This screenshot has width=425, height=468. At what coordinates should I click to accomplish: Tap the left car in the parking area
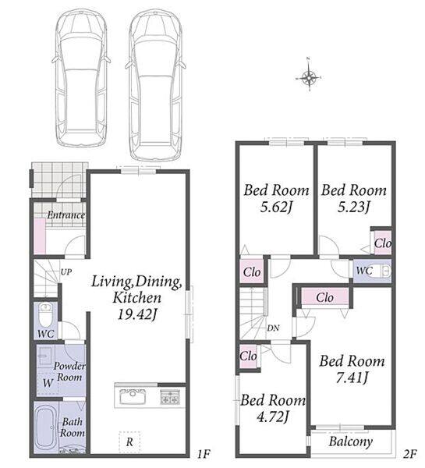tap(81, 78)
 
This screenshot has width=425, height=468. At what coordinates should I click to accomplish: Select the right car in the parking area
tap(155, 84)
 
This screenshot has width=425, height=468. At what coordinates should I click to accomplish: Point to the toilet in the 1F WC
tap(46, 316)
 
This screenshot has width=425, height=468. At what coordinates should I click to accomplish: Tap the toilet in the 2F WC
tap(382, 271)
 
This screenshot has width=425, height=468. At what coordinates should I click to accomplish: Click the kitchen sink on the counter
tap(133, 396)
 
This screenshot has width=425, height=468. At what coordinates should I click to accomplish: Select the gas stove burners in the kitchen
tap(170, 397)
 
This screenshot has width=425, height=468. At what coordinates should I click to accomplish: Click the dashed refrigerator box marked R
tap(129, 442)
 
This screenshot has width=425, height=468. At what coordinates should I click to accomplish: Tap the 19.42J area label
tap(137, 314)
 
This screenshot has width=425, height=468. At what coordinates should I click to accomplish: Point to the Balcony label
tap(350, 441)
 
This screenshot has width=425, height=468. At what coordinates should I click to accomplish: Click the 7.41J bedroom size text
tap(352, 378)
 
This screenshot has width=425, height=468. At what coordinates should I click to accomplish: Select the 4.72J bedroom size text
tap(273, 417)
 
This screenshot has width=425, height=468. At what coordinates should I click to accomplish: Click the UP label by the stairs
tap(66, 272)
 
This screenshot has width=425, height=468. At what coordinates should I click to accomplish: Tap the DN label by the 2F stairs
tap(273, 328)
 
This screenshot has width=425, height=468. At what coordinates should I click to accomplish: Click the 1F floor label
tap(204, 455)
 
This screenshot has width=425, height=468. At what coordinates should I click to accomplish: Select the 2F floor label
tap(409, 454)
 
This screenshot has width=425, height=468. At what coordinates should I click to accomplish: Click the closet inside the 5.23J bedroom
tap(382, 243)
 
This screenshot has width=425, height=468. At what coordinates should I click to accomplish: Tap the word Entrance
tap(66, 215)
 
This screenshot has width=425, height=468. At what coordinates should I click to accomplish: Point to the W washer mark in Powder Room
tap(48, 383)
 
